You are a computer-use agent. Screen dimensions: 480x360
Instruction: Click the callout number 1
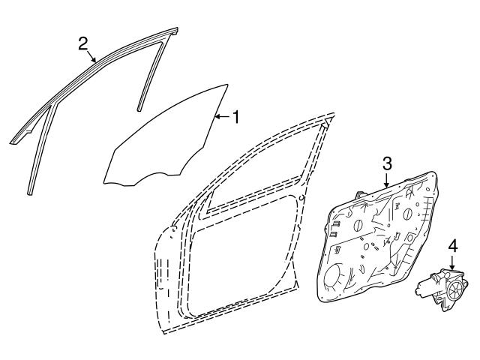(235, 117)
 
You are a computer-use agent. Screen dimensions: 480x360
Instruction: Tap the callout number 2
(83, 43)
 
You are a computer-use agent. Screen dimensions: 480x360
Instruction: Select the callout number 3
(387, 163)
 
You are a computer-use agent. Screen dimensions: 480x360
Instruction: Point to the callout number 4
(453, 246)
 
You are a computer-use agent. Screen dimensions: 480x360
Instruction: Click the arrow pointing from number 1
(222, 117)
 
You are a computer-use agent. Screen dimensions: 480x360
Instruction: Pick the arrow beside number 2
(91, 56)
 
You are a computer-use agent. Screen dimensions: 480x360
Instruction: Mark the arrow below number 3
(387, 180)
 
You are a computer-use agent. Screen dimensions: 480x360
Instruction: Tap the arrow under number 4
(453, 262)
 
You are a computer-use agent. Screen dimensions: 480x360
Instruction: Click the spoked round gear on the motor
(456, 289)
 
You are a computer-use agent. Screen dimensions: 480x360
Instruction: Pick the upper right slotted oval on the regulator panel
(407, 214)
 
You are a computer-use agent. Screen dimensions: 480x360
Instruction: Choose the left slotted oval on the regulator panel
(358, 226)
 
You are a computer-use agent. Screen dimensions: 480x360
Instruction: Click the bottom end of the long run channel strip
(29, 193)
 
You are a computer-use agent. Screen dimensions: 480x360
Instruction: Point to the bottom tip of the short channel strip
(139, 109)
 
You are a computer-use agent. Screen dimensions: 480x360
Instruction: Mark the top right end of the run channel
(175, 30)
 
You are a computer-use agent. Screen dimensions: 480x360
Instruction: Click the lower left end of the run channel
(13, 142)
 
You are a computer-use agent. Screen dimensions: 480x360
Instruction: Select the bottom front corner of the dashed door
(163, 333)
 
